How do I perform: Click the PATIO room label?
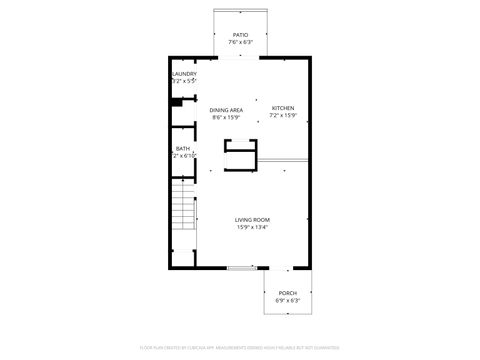[x=240, y=35]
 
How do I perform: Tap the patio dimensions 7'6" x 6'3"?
[x=240, y=43]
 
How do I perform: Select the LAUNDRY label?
[x=184, y=73]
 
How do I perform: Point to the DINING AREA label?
[x=226, y=110]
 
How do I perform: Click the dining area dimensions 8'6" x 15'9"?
[x=226, y=118]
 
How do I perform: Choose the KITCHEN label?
[x=283, y=108]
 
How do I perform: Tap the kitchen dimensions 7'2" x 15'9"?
[x=283, y=116]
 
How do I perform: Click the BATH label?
[x=183, y=149]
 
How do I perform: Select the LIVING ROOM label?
[x=252, y=220]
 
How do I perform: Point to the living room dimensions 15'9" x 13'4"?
[x=252, y=228]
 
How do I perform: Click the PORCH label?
[x=287, y=292]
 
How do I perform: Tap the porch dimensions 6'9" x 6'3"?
[x=287, y=300]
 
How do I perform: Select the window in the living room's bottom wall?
[x=240, y=268]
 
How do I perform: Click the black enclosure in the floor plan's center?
[x=240, y=156]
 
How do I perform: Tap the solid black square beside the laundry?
[x=175, y=100]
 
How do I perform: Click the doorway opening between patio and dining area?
[x=240, y=58]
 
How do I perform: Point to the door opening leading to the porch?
[x=288, y=268]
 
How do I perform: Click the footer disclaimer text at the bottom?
[x=240, y=350]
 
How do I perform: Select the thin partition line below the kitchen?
[x=284, y=160]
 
